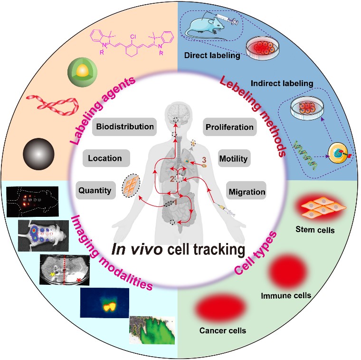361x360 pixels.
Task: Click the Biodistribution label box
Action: pyautogui.click(x=125, y=127)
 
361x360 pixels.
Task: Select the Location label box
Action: pyautogui.click(x=105, y=158)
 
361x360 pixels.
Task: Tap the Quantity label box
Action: pyautogui.click(x=95, y=191)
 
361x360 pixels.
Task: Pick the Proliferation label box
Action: pyautogui.click(x=229, y=127)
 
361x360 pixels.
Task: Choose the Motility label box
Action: pyautogui.click(x=234, y=159)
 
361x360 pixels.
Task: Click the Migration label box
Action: pyautogui.click(x=247, y=192)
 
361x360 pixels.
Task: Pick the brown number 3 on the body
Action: pyautogui.click(x=204, y=160)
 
